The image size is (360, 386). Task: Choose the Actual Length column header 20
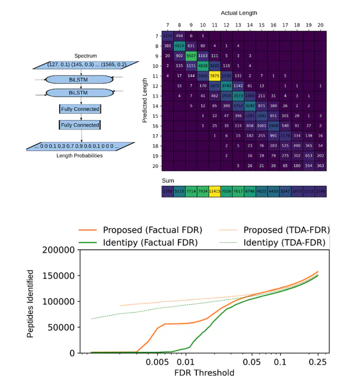(x=320, y=24)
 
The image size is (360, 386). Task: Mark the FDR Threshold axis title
(x=204, y=373)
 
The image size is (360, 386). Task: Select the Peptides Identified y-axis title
(x=31, y=303)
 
